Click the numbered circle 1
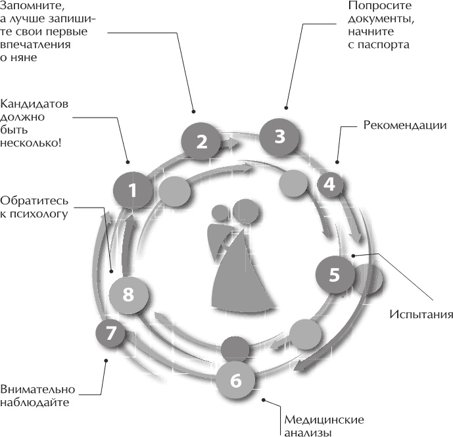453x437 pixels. point(133,191)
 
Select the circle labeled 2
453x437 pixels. point(202,141)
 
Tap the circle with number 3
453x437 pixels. point(279,137)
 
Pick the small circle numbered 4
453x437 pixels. point(329,185)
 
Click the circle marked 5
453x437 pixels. point(334,274)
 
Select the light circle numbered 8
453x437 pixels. point(128,294)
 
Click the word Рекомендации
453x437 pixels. point(404,125)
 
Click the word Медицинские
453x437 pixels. point(324,420)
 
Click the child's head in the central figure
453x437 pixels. point(220,214)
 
